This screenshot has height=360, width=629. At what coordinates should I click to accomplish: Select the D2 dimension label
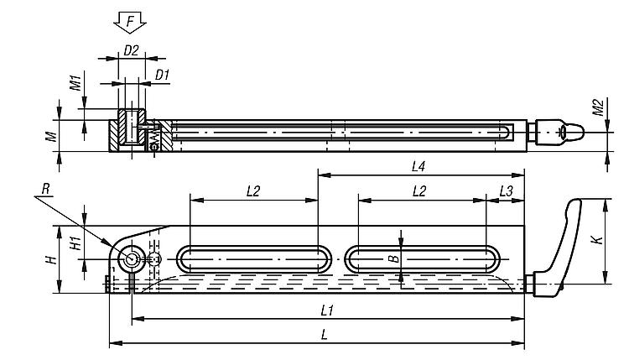131,50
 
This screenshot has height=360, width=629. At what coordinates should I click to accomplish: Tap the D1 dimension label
163,75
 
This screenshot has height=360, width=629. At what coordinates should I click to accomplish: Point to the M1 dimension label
74,83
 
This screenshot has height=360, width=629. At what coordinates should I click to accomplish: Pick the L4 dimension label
419,167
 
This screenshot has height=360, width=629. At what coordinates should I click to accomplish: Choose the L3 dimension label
505,191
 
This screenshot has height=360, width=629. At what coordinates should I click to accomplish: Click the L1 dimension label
329,310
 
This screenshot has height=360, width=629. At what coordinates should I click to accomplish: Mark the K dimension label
596,241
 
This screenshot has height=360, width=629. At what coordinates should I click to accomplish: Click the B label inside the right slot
392,258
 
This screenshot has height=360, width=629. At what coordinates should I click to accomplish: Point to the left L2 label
253,191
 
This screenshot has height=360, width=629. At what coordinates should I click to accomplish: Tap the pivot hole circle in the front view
130,259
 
